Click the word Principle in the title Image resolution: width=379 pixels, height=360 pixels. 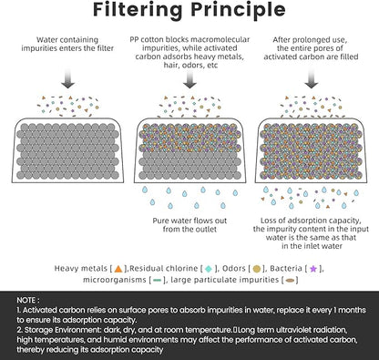click(x=239, y=10)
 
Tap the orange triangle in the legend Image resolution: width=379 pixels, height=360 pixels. click(x=118, y=269)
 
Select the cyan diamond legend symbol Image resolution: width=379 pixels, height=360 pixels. click(x=209, y=269)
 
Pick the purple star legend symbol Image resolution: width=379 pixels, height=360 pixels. click(x=313, y=269)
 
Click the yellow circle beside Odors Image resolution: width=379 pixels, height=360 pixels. click(x=257, y=269)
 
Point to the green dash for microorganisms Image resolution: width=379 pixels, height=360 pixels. click(x=158, y=280)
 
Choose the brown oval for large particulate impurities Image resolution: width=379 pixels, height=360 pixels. click(x=291, y=280)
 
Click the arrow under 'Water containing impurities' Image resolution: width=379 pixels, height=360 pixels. click(x=67, y=78)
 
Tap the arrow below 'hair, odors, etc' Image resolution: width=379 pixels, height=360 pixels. click(x=189, y=78)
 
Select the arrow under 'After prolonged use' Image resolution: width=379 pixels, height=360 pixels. click(x=312, y=78)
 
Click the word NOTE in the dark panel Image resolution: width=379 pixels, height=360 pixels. click(x=26, y=300)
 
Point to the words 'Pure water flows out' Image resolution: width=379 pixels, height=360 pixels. click(x=189, y=221)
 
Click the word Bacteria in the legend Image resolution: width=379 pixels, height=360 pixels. click(x=286, y=269)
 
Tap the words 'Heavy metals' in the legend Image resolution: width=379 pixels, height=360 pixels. click(x=81, y=269)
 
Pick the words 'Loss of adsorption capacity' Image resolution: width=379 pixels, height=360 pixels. click(x=311, y=221)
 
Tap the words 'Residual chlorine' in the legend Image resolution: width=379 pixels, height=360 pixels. click(x=164, y=269)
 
